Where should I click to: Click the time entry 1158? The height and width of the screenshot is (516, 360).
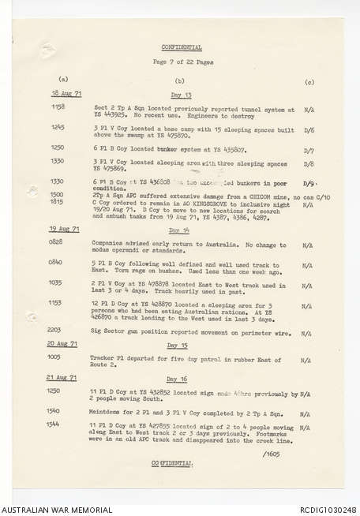[58, 106]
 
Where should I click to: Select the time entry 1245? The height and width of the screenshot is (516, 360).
[58, 126]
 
